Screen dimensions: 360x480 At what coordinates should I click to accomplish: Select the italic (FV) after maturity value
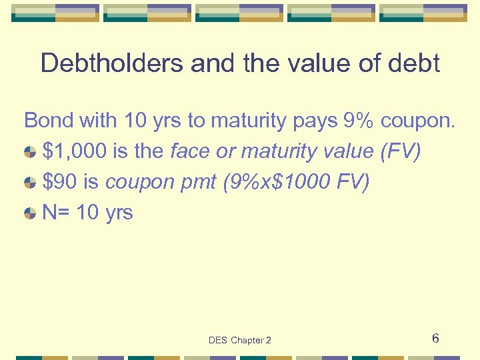pyautogui.click(x=400, y=151)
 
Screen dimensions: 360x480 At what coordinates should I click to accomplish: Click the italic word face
pyautogui.click(x=191, y=151)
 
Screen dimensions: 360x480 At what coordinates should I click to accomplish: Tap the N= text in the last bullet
pyautogui.click(x=56, y=213)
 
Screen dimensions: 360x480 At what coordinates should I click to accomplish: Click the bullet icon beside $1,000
pyautogui.click(x=30, y=153)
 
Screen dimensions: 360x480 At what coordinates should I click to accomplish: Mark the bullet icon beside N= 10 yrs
pyautogui.click(x=30, y=214)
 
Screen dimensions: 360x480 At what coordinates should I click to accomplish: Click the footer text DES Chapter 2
pyautogui.click(x=240, y=340)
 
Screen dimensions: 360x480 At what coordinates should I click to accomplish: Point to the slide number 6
pyautogui.click(x=435, y=339)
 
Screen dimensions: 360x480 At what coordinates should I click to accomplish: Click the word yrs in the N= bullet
pyautogui.click(x=119, y=213)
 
